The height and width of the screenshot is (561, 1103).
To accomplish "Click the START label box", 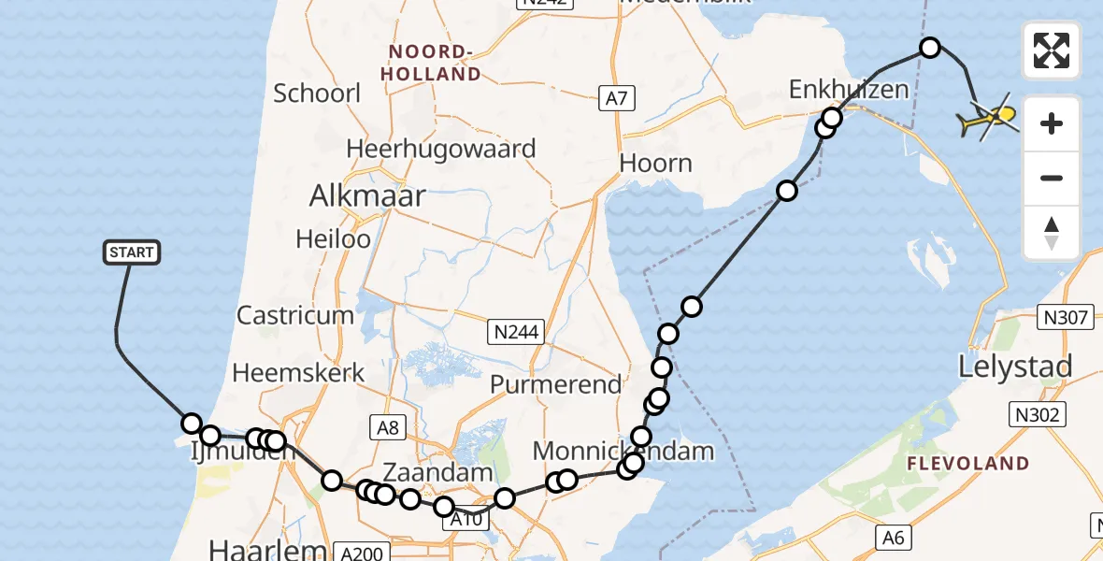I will [131, 252].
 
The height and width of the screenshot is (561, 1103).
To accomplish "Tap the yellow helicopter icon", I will [988, 119].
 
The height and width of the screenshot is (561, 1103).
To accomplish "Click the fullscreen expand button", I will [1052, 50].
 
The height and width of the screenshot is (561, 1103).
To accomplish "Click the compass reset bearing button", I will [1052, 233].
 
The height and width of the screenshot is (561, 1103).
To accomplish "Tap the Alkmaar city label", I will [367, 196].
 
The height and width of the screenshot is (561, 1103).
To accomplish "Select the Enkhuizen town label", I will [849, 90].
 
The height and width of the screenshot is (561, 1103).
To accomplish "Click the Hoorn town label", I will [656, 164].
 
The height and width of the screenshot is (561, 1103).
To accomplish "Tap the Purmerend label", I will [555, 384].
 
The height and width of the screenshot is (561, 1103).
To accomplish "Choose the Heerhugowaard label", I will [441, 149].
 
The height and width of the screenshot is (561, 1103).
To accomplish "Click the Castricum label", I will [295, 315].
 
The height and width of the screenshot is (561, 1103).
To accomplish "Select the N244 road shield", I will [517, 330].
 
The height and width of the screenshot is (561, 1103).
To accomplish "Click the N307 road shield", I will [1066, 318].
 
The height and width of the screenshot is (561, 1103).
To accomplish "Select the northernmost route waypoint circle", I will [929, 47].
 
